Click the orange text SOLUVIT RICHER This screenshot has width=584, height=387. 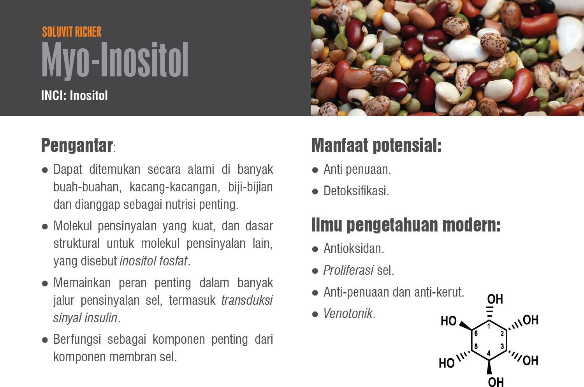point(72,32)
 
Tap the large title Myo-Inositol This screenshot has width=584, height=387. point(115,60)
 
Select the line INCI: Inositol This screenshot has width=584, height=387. point(74,95)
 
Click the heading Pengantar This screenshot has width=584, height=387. point(77,145)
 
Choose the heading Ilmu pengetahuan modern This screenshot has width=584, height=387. point(406,225)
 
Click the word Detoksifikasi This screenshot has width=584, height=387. point(356,191)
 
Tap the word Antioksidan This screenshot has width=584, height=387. point(354,248)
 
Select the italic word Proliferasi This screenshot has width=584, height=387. point(348,270)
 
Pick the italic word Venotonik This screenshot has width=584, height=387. point(348,314)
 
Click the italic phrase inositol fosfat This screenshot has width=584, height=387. point(153,261)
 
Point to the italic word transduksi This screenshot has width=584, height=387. point(247,300)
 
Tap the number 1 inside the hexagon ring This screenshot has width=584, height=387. point(489,326)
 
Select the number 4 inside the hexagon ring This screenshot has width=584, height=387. point(489,353)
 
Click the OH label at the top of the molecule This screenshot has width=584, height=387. point(495,299)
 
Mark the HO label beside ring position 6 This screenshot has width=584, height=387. point(449,321)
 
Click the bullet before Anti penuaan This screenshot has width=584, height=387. point(315,170)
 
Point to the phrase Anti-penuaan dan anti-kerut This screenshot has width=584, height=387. point(394,292)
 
